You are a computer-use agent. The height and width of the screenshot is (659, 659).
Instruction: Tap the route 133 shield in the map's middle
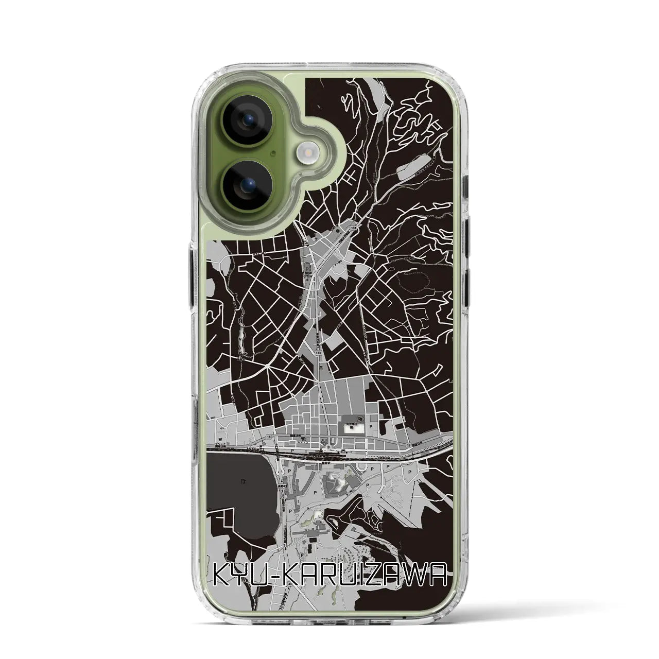(x=318, y=338)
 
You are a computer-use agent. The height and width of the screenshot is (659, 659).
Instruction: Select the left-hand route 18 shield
(x=269, y=436)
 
